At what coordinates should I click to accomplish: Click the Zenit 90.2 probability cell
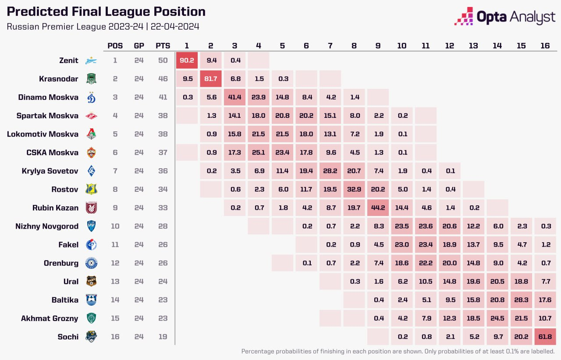pyautogui.click(x=187, y=60)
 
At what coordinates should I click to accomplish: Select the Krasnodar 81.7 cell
pyautogui.click(x=211, y=79)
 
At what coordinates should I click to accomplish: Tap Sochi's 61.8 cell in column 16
pyautogui.click(x=545, y=337)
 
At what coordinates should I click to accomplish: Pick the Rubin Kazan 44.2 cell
pyautogui.click(x=378, y=208)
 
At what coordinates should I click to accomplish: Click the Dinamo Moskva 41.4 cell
pyautogui.click(x=234, y=97)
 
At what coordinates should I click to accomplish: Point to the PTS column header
pyautogui.click(x=163, y=46)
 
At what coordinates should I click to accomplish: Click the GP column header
pyautogui.click(x=139, y=46)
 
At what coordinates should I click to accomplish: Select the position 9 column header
pyautogui.click(x=378, y=46)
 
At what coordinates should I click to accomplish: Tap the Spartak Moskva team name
pyautogui.click(x=47, y=116)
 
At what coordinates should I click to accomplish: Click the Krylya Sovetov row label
pyautogui.click(x=50, y=171)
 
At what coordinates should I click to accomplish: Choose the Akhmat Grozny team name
pyautogui.click(x=50, y=318)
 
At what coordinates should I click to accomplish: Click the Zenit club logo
pyautogui.click(x=91, y=60)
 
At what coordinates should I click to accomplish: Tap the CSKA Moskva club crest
pyautogui.click(x=91, y=152)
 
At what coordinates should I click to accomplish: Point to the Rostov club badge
pyautogui.click(x=91, y=189)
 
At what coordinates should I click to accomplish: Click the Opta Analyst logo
pyautogui.click(x=504, y=17)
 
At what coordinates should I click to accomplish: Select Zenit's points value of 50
pyautogui.click(x=163, y=60)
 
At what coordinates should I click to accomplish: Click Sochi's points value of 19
pyautogui.click(x=163, y=337)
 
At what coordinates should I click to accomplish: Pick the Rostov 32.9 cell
pyautogui.click(x=354, y=189)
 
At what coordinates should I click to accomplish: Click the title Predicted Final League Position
pyautogui.click(x=106, y=12)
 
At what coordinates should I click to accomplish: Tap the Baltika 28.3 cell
pyautogui.click(x=521, y=300)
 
